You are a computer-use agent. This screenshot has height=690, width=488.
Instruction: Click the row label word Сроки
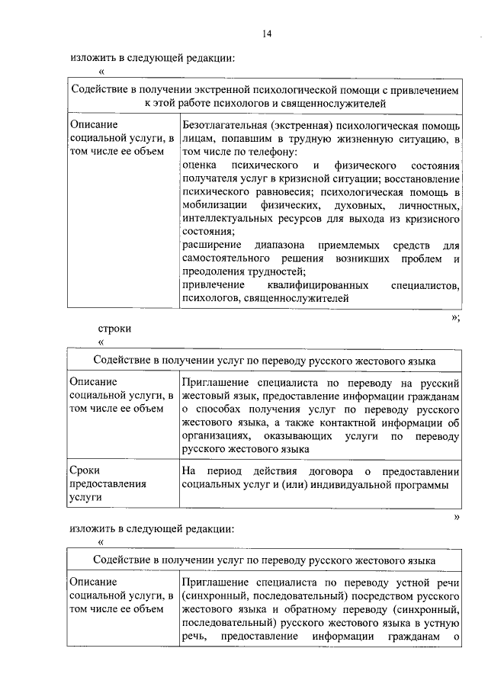pos(84,470)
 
